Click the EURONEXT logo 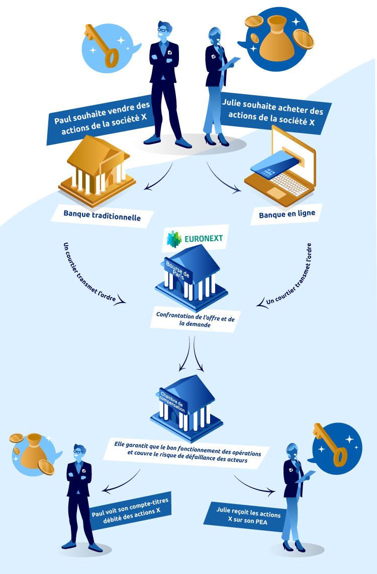pyautogui.click(x=196, y=239)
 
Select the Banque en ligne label pyautogui.click(x=287, y=213)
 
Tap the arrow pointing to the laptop pyautogui.click(x=224, y=181)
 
